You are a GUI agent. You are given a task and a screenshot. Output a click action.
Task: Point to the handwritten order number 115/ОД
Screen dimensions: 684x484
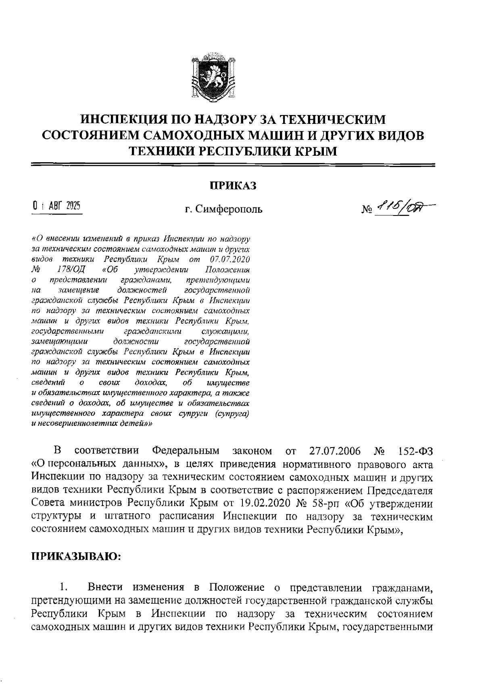pyautogui.click(x=403, y=208)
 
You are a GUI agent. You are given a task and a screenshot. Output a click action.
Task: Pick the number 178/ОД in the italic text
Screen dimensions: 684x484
pyautogui.click(x=69, y=269)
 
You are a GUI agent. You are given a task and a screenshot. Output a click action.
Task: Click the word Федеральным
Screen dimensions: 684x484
pyautogui.click(x=186, y=451)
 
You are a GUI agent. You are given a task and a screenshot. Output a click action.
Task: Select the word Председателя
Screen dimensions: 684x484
pyautogui.click(x=399, y=491)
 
